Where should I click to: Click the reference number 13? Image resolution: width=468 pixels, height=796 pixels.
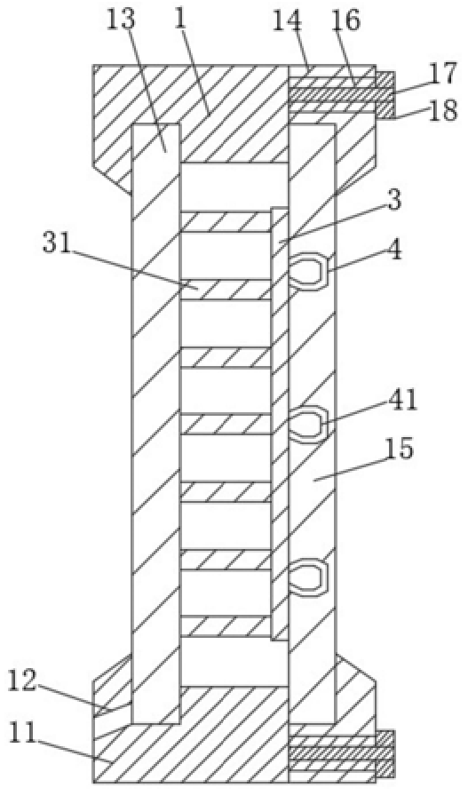121,20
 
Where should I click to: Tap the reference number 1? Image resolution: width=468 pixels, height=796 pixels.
180,19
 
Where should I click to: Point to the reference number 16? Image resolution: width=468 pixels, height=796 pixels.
345,20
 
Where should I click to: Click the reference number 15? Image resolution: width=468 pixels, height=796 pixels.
400,450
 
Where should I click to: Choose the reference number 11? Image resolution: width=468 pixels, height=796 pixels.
22,733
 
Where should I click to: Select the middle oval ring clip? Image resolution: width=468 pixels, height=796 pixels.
309,423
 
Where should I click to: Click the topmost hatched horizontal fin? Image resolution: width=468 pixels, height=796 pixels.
226,222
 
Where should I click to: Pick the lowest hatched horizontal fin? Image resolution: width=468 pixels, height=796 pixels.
226,626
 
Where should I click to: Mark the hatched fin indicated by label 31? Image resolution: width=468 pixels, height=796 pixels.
226,290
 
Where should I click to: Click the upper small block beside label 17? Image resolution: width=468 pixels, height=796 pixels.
385,80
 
